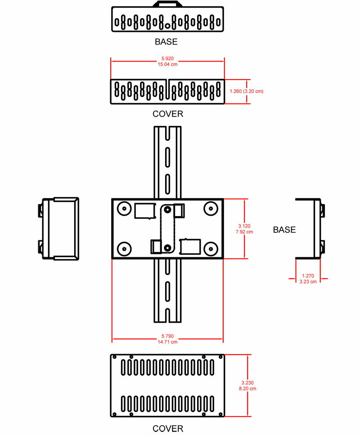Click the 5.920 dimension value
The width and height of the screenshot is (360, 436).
(x=167, y=58)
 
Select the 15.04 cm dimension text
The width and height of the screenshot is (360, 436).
(x=167, y=64)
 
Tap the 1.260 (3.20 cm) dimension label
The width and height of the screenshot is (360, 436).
(x=247, y=91)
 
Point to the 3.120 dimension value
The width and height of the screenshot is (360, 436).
(x=244, y=226)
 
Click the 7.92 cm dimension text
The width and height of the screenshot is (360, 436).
(x=244, y=231)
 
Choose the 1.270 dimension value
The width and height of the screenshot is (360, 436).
(x=308, y=276)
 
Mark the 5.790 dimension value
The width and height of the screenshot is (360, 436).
(x=167, y=336)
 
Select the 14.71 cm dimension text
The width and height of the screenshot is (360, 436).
(x=167, y=342)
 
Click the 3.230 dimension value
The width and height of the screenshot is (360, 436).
(x=247, y=383)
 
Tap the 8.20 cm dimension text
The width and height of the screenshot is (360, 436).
(x=247, y=388)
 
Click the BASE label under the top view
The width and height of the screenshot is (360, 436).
(x=166, y=42)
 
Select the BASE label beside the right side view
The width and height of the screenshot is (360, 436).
(x=284, y=230)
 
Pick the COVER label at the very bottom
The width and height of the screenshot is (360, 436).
(x=168, y=428)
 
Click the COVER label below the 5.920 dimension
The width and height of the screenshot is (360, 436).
(x=168, y=114)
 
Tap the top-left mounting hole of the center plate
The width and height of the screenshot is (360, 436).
(x=124, y=209)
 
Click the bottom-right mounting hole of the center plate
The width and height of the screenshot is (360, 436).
(x=211, y=249)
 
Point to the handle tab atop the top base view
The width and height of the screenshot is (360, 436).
(x=167, y=4)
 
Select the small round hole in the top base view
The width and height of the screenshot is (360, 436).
(x=167, y=26)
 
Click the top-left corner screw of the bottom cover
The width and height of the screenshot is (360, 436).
(x=114, y=357)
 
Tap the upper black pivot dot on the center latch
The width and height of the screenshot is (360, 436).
(x=167, y=209)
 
